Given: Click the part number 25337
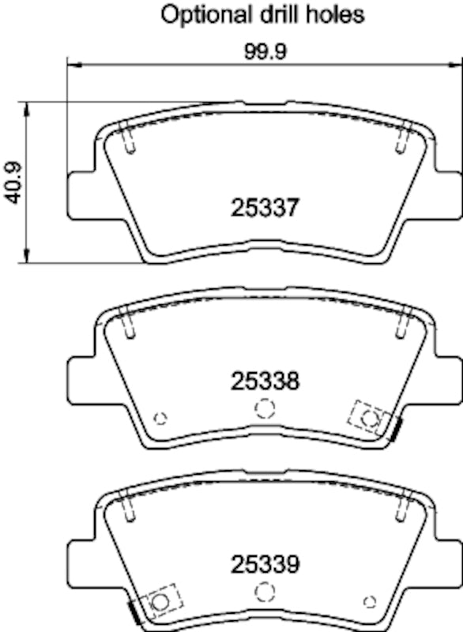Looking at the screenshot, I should coord(265,209).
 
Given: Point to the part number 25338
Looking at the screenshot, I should coord(265,382).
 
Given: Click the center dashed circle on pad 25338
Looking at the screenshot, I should coord(265,408).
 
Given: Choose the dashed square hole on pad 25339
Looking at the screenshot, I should coord(160,601).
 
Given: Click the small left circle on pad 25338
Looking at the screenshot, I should coord(160,418).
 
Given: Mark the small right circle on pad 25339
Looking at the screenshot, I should coord(368,602).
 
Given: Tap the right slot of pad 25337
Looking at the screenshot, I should coord(401,140).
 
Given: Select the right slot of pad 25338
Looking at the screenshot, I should coord(401,322).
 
